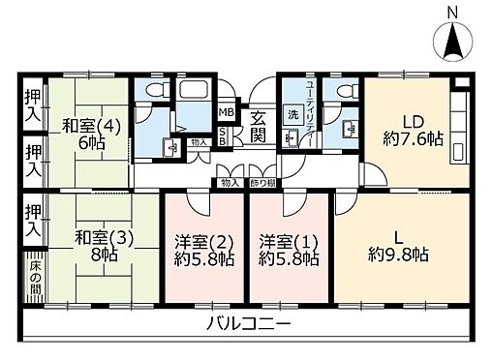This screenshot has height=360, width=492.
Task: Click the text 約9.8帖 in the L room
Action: (x=399, y=255)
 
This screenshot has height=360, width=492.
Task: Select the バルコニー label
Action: (x=248, y=322)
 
